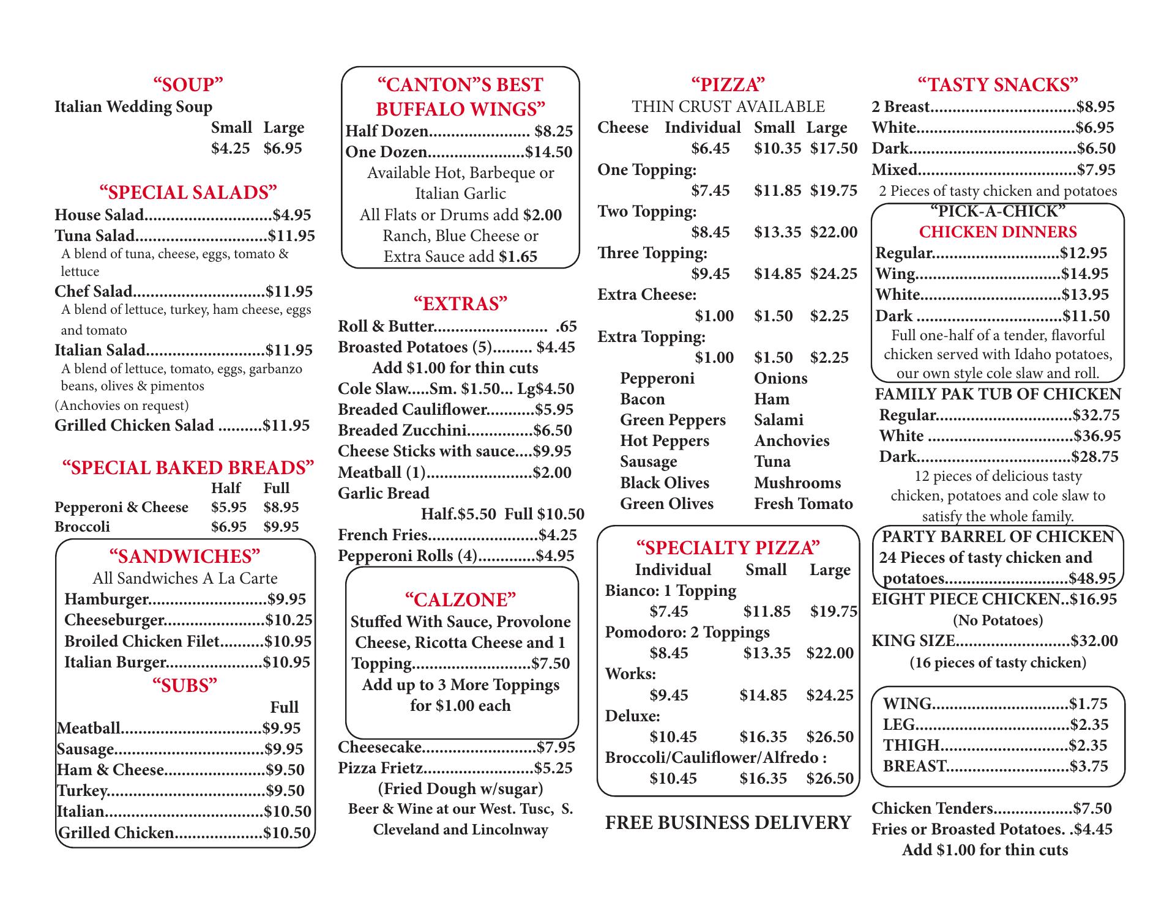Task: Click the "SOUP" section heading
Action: (x=188, y=84)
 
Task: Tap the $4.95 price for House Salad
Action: (x=292, y=215)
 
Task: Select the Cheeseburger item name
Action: (x=114, y=620)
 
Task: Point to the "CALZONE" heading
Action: (x=460, y=600)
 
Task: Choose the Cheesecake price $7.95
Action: (x=556, y=747)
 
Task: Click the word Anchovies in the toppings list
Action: (x=791, y=440)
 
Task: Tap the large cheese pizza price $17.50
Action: (x=834, y=149)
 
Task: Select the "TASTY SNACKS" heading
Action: (x=998, y=84)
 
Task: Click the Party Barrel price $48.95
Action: (x=1092, y=579)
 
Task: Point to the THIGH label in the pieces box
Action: (x=911, y=745)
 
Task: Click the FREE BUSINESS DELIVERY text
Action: (x=728, y=823)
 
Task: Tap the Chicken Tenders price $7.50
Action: (x=1092, y=808)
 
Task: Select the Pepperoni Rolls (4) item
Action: (x=407, y=555)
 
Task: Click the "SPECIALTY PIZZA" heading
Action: (x=728, y=548)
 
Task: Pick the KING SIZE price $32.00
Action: (x=1094, y=641)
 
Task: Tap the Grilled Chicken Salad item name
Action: (x=134, y=425)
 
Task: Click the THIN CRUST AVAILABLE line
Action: (x=728, y=106)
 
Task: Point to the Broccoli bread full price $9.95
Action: (x=281, y=527)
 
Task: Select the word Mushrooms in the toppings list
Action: (x=797, y=483)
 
